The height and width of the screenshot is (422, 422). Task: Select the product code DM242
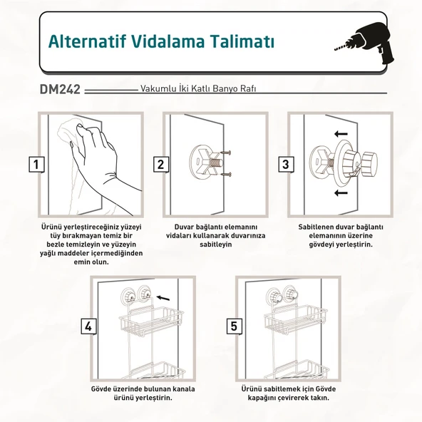click(x=61, y=91)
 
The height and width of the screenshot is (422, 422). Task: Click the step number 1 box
click(x=35, y=165)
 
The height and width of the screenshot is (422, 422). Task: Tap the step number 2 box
click(x=161, y=165)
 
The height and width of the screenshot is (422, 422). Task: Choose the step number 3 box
click(x=286, y=165)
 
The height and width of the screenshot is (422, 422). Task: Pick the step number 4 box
click(x=88, y=326)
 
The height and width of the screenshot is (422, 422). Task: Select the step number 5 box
click(x=235, y=326)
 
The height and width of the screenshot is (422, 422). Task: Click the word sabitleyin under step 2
click(x=203, y=244)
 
